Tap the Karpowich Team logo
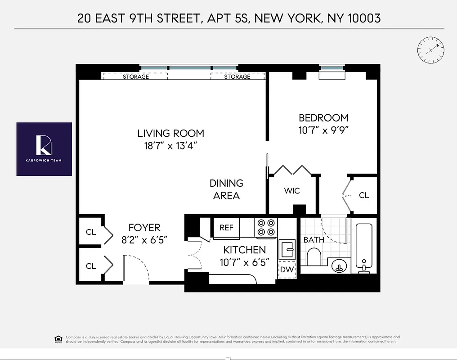[x=44, y=149]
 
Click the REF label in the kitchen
[x=226, y=228]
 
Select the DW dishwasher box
[x=287, y=270]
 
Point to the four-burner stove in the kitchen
[x=265, y=227]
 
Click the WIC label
[x=291, y=191]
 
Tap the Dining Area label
[x=226, y=189]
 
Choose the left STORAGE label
[x=135, y=76]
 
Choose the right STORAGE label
[x=237, y=76]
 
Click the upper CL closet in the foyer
[x=91, y=232]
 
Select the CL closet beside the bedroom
[x=363, y=195]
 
